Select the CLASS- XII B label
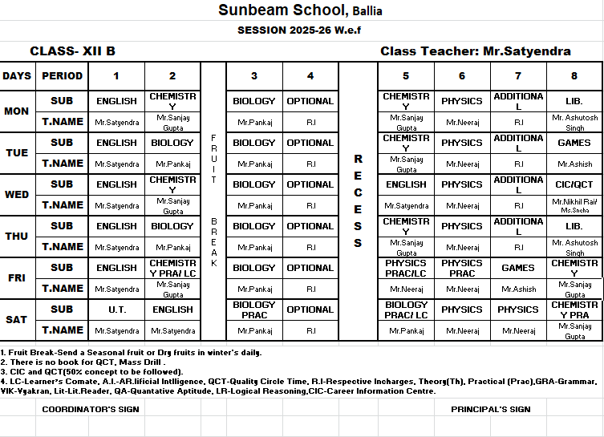point(72,51)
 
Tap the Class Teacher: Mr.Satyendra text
point(476,51)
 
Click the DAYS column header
point(17,76)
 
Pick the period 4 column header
point(310,76)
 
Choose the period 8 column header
point(574,76)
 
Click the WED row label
point(17,195)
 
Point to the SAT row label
point(17,320)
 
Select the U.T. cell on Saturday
point(116,310)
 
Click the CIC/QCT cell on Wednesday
point(574,184)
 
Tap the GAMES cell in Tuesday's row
point(574,143)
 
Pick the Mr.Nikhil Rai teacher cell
point(574,205)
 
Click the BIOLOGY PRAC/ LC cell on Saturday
point(406,310)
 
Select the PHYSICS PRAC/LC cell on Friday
point(406,268)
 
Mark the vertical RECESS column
point(358,200)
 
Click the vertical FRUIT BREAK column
point(213,200)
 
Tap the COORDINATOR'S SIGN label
point(91,410)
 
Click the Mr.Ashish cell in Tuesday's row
point(574,164)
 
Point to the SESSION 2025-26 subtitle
point(301,30)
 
